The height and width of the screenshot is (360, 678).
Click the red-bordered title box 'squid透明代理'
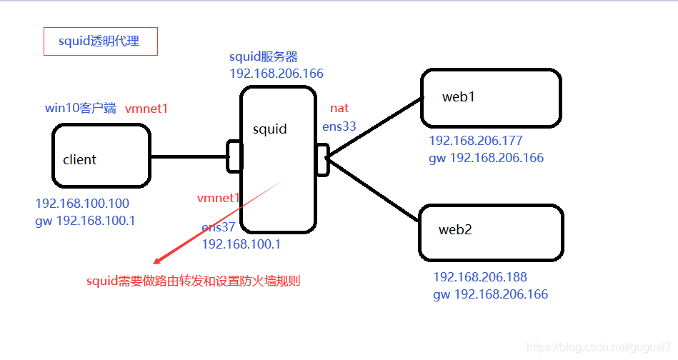[100, 41]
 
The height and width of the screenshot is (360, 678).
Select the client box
[101, 156]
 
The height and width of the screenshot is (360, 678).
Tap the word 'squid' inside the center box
[269, 129]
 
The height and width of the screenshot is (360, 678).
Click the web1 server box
[490, 98]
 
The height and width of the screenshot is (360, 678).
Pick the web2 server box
[490, 232]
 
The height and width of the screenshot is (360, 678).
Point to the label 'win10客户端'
[81, 109]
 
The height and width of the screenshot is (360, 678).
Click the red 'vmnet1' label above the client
[146, 109]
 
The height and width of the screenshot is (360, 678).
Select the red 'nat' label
[339, 108]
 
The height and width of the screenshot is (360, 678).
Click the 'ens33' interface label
[339, 126]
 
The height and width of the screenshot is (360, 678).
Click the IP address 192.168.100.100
[82, 204]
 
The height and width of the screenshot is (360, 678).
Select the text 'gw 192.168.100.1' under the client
[85, 221]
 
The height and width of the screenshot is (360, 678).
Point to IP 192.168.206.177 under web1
[476, 141]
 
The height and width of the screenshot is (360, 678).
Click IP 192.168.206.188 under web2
[480, 277]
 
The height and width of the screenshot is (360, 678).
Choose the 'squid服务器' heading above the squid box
[264, 57]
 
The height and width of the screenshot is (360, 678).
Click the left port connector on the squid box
[234, 156]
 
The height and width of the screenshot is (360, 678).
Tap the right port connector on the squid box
[322, 159]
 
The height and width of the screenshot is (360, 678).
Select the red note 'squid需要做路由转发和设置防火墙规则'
[193, 281]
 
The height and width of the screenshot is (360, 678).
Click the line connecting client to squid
[189, 156]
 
